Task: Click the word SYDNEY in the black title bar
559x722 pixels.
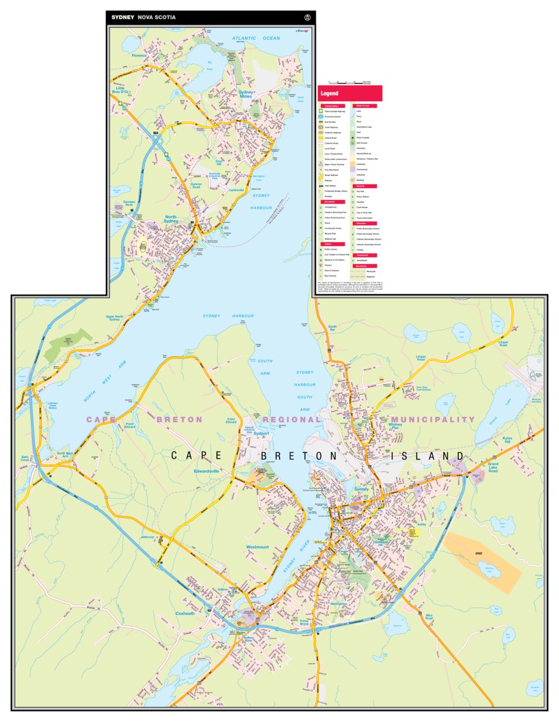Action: [123, 17]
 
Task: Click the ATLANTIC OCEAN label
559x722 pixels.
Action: [256, 38]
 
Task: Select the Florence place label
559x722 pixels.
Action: [139, 55]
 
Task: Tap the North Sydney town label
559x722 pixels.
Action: [171, 219]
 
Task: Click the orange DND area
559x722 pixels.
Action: [479, 553]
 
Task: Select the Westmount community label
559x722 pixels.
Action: [257, 547]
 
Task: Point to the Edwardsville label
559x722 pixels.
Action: [206, 471]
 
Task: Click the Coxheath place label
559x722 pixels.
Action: [185, 613]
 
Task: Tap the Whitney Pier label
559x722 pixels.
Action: [395, 425]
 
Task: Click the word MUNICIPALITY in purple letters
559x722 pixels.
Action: [433, 419]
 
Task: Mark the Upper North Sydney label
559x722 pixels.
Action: [115, 318]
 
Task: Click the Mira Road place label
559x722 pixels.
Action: [429, 617]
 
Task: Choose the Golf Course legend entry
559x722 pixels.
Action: [363, 143]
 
